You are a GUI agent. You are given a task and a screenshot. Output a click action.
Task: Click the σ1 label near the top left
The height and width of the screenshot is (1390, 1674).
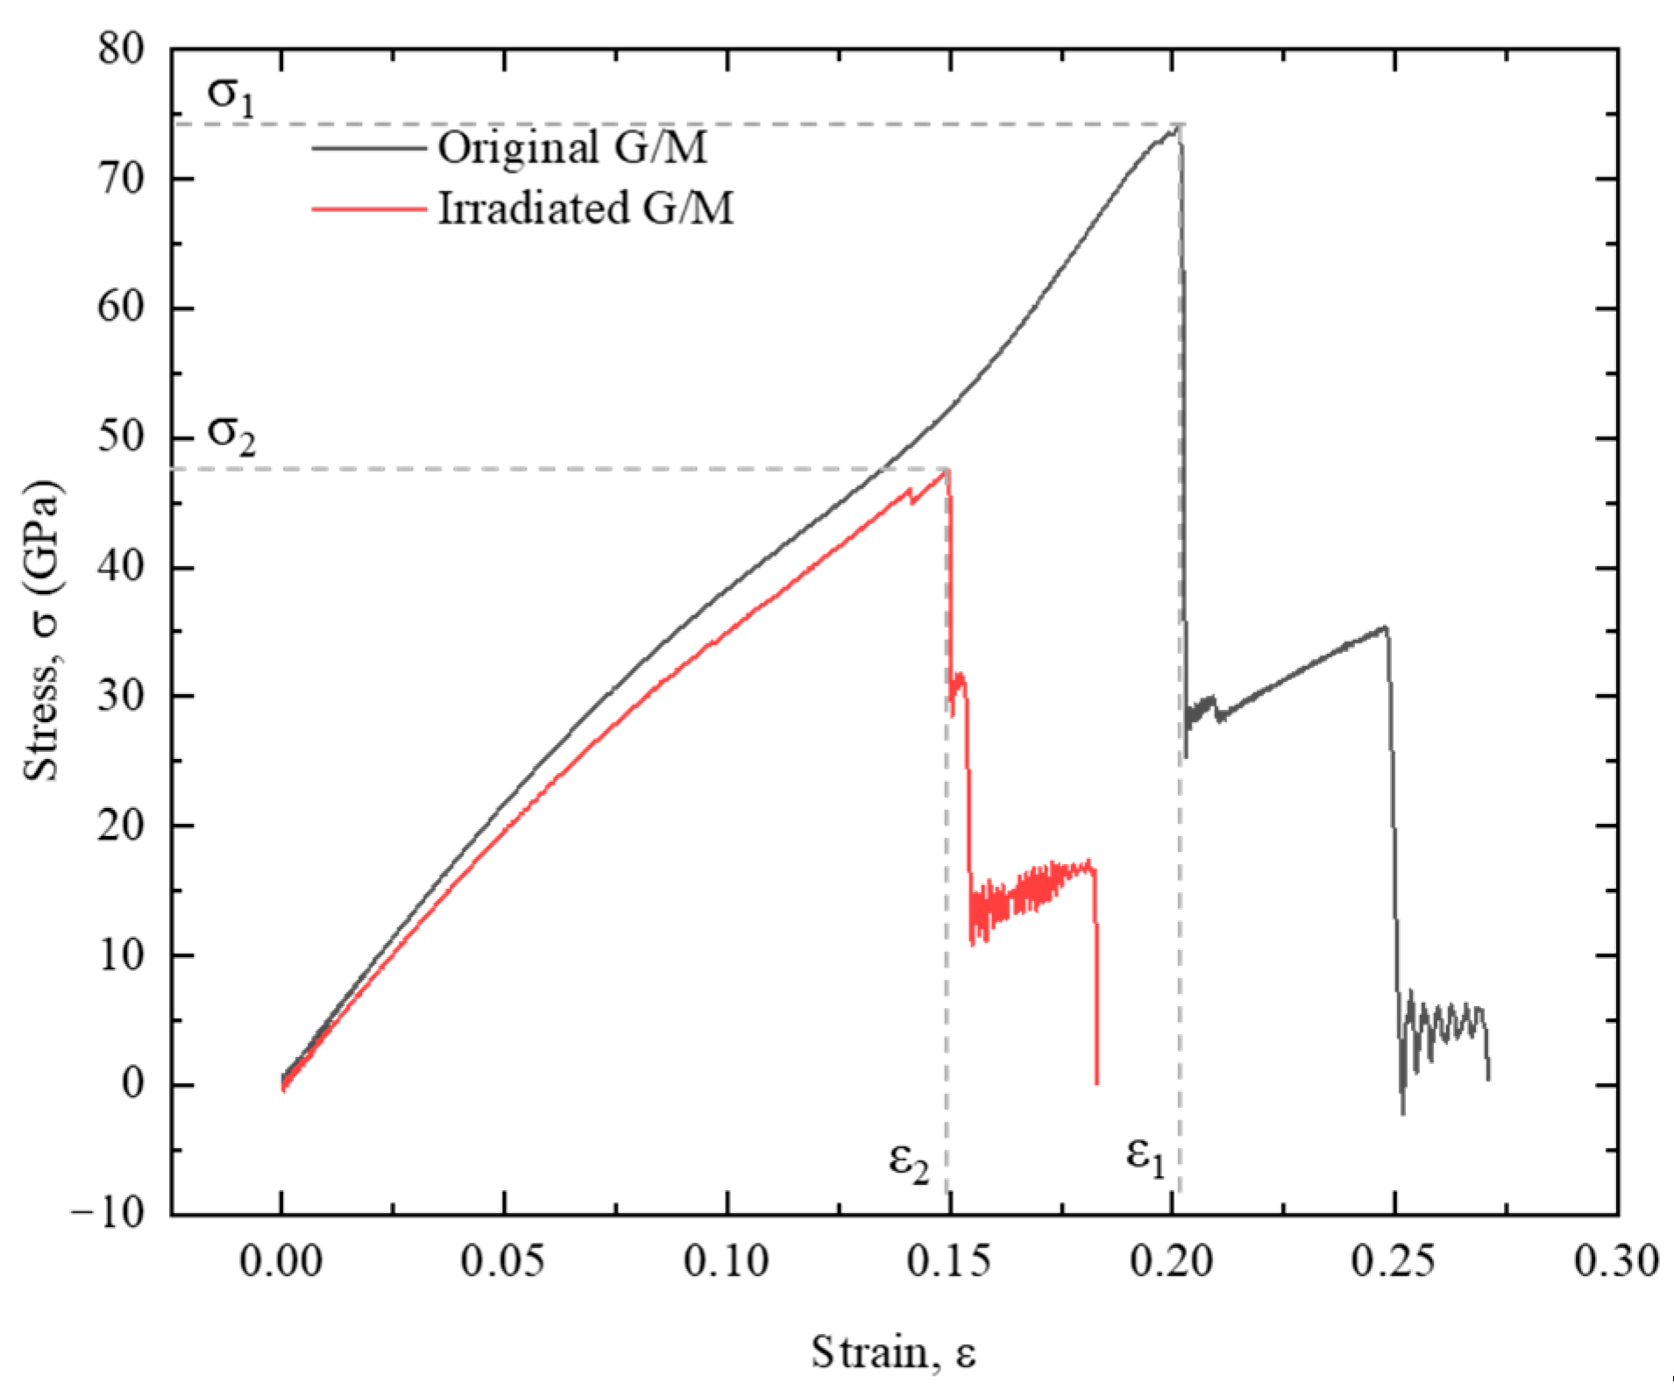click(231, 96)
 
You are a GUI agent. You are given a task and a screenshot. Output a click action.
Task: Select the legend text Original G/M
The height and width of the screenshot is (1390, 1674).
click(572, 148)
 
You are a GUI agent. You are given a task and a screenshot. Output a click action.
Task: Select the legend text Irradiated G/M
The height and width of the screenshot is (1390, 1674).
click(585, 209)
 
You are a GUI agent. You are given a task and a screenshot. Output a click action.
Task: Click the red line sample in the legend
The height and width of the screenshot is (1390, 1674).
click(368, 209)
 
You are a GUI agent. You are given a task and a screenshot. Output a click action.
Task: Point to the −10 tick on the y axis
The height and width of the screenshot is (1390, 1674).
click(109, 1214)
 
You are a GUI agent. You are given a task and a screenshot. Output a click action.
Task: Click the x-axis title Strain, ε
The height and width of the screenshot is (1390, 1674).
click(893, 1352)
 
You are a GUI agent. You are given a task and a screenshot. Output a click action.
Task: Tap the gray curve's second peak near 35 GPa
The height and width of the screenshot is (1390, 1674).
click(1384, 628)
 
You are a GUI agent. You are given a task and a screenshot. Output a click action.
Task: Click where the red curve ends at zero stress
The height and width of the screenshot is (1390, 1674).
click(1096, 1083)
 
